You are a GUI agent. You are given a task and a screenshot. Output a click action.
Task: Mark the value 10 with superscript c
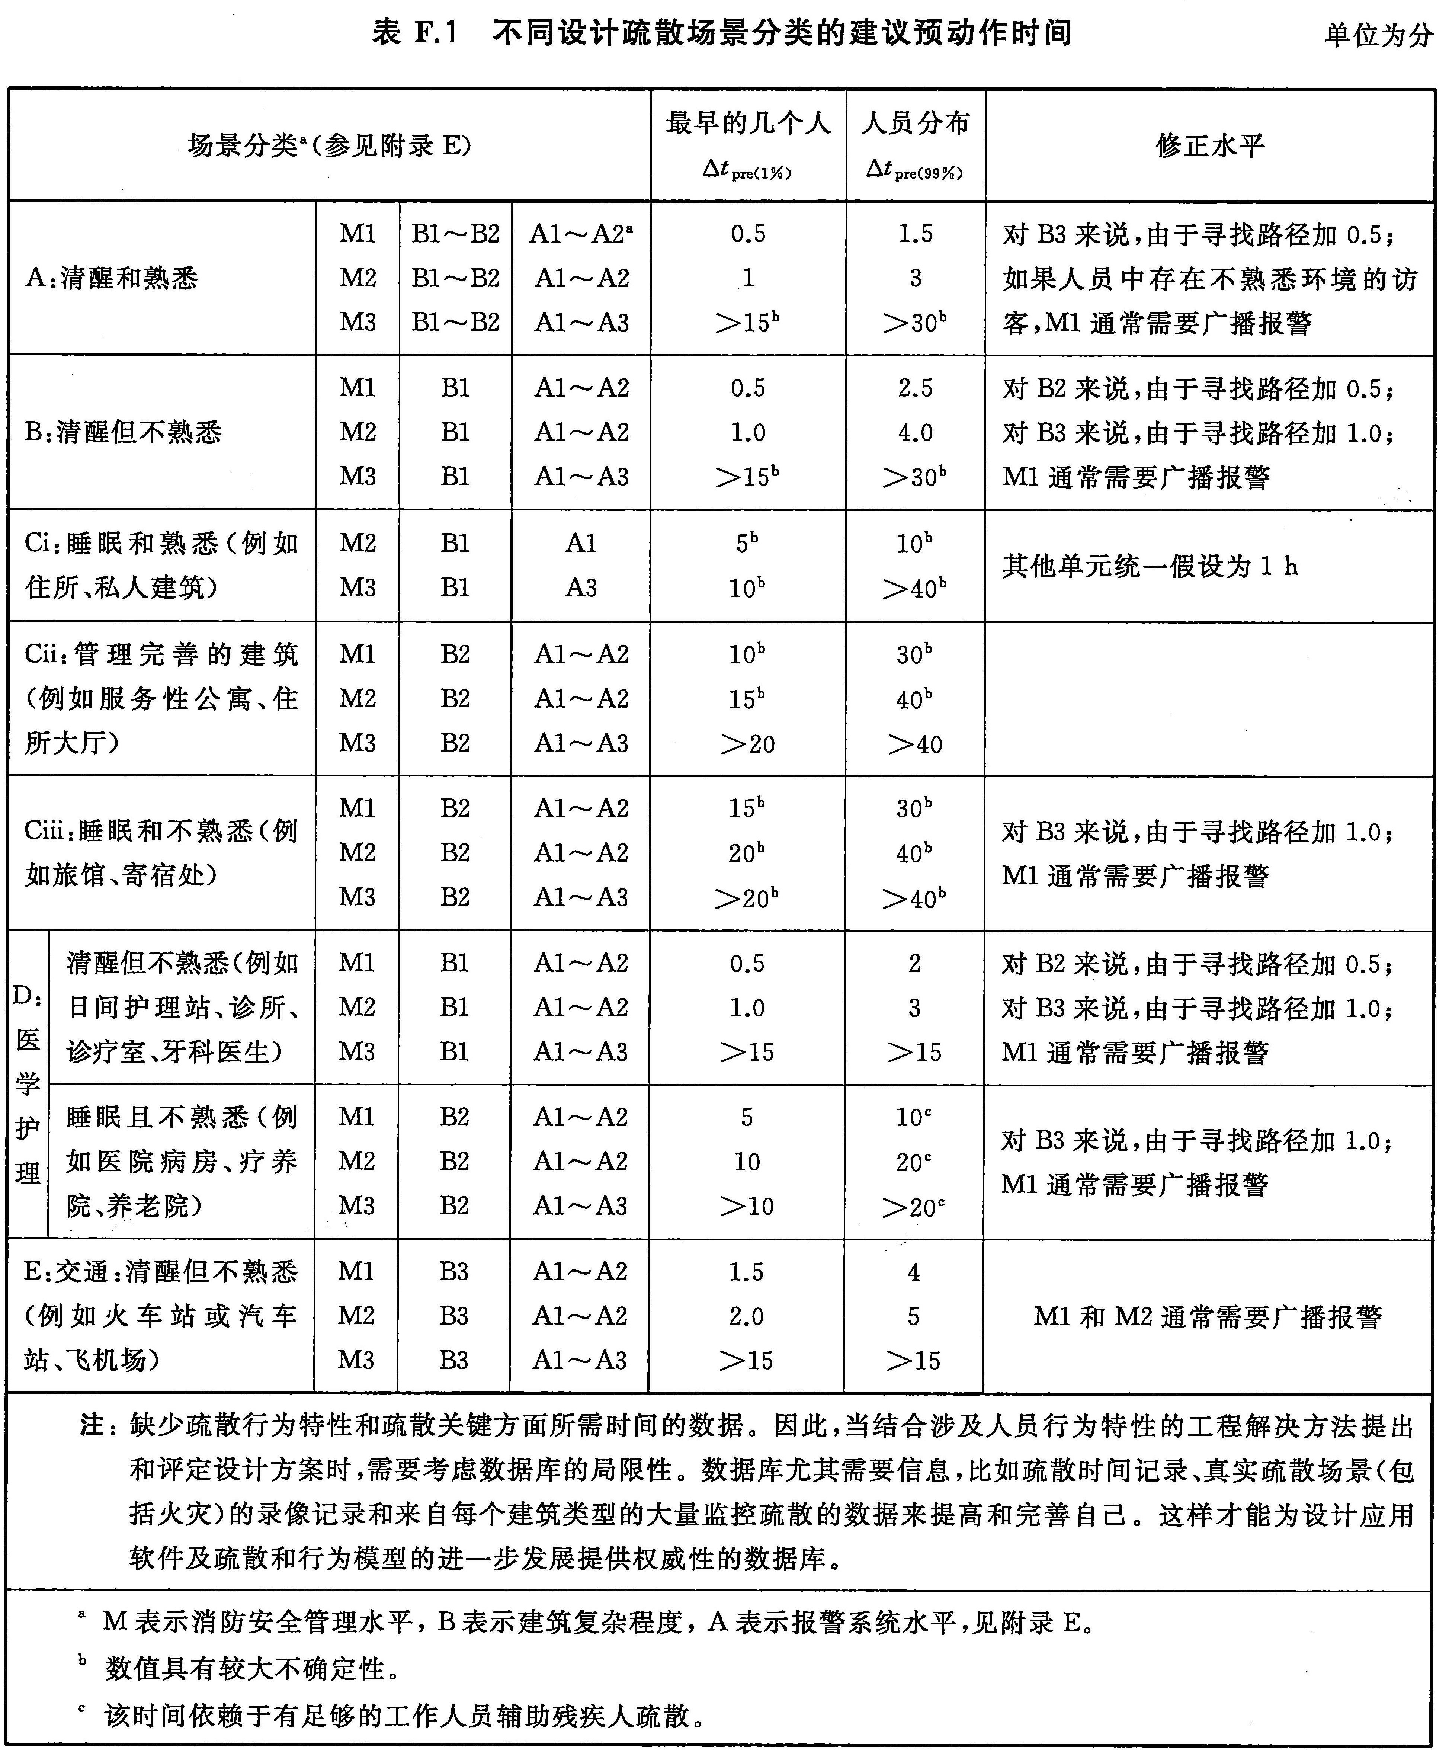click(x=913, y=1117)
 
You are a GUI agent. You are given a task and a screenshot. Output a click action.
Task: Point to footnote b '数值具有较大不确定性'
click(x=250, y=1668)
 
